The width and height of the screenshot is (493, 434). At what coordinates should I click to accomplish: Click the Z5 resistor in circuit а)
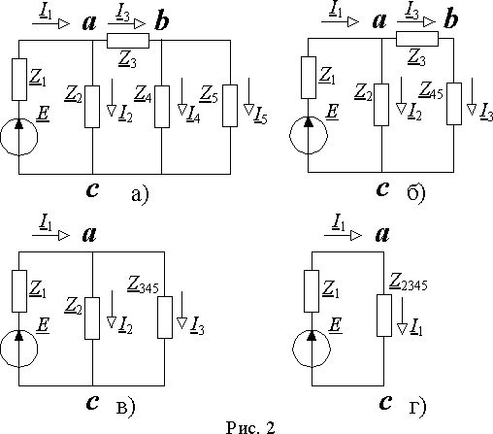pos(230,106)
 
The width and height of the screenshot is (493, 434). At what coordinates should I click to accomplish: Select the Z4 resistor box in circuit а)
pos(162,107)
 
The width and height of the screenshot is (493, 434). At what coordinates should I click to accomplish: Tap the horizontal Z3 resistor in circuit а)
pos(128,41)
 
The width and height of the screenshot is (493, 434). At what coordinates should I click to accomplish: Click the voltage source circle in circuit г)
pos(312,349)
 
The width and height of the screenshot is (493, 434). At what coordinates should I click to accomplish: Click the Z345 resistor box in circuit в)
pos(165,317)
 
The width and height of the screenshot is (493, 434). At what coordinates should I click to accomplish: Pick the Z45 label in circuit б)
pos(431,90)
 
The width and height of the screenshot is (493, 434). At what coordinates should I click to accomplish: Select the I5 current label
pos(261,116)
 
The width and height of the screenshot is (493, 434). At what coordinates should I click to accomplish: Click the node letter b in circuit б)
pos(450,19)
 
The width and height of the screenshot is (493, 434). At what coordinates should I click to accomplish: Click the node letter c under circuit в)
pos(92,403)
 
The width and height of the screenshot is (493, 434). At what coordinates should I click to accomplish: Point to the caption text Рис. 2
pos(250,427)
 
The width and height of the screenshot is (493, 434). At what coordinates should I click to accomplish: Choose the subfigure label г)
pos(417,407)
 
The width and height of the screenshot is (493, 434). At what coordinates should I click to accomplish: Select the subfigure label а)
pos(140,195)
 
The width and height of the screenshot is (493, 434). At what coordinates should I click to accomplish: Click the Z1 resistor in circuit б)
pos(309,78)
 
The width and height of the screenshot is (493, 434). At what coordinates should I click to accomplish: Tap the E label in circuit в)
pos(43,324)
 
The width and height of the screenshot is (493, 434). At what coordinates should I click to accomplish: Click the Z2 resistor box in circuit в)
pos(92,318)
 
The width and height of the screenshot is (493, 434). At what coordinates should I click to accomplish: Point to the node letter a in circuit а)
pos(89,23)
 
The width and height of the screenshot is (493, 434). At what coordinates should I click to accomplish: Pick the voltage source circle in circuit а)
pos(18,137)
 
